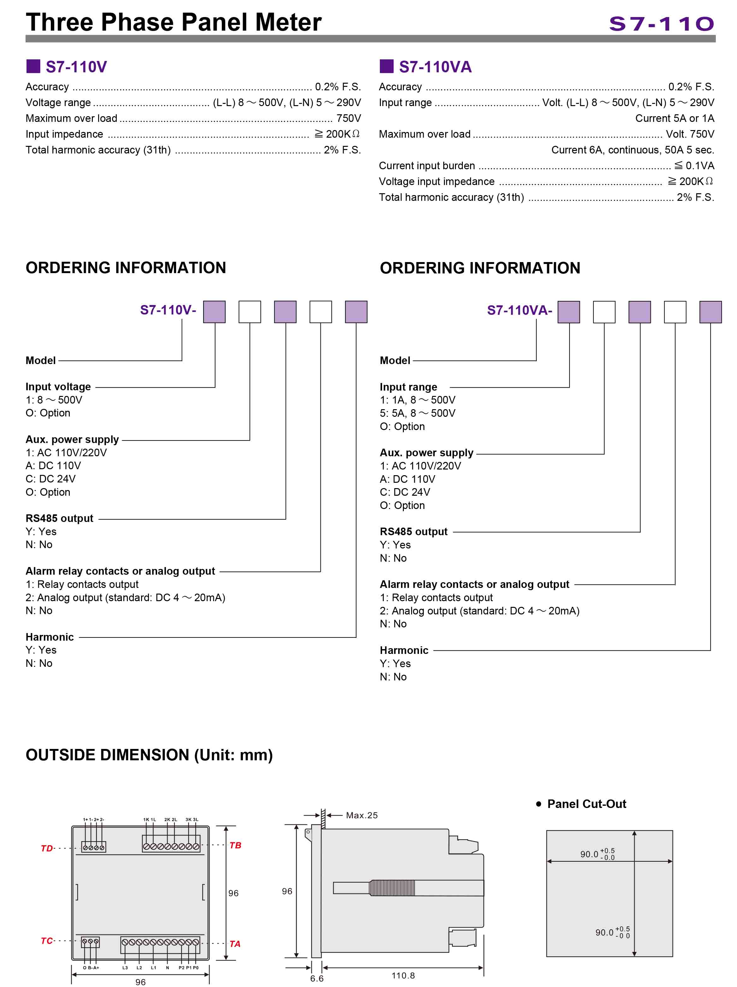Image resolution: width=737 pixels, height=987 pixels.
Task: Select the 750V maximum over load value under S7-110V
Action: [348, 118]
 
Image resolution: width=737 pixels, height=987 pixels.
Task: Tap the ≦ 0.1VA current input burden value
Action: [694, 165]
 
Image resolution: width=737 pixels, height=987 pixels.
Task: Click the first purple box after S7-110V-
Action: [214, 311]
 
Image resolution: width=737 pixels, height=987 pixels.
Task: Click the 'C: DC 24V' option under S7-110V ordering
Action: [50, 479]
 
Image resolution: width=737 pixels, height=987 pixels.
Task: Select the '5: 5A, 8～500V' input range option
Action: [417, 413]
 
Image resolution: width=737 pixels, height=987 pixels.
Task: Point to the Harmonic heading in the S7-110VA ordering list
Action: [404, 650]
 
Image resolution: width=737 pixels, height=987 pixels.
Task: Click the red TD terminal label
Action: [47, 848]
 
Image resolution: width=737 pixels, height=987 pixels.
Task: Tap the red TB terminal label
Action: [235, 845]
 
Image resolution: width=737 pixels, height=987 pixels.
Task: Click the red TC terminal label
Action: [47, 941]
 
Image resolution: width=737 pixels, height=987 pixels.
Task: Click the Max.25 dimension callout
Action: [362, 815]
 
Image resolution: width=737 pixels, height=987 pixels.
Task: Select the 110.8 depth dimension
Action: [403, 975]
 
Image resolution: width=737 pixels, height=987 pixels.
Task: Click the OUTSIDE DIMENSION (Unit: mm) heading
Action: [149, 755]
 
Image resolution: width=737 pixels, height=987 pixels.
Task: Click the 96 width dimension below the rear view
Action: [140, 982]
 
